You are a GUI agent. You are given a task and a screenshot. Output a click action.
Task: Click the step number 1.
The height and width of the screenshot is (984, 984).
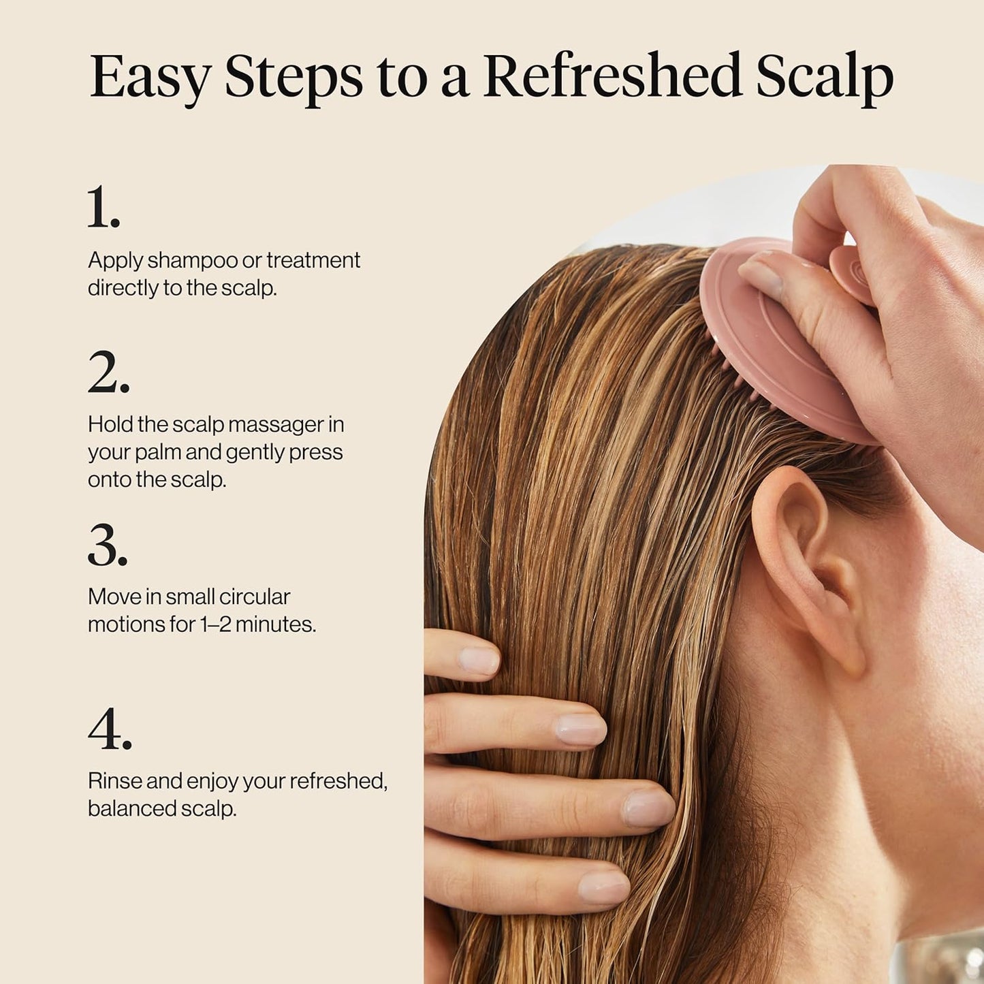[104, 208]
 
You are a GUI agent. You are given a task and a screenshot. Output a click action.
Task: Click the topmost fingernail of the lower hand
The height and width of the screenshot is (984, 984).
[479, 661]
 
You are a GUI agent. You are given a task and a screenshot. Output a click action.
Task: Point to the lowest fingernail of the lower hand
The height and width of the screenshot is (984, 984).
[603, 887]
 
